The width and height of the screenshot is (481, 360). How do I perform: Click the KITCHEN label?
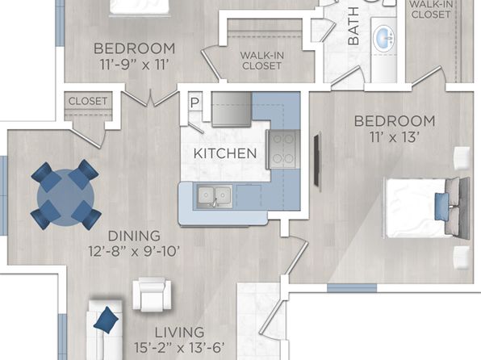(x=225, y=153)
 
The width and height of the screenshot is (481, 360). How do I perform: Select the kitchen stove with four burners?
(x=282, y=149)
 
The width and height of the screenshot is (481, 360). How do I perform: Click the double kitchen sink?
(x=215, y=196)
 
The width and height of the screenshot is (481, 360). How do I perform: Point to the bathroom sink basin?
(x=384, y=39)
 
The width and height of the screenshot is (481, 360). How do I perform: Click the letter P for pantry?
(x=194, y=103)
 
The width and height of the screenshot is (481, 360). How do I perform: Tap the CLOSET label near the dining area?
(x=88, y=101)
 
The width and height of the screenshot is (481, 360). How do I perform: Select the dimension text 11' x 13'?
(x=395, y=137)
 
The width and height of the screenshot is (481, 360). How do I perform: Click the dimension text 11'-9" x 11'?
(x=135, y=65)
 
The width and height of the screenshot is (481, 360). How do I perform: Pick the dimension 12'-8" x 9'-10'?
(x=134, y=251)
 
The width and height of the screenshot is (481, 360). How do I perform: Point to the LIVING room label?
(x=179, y=333)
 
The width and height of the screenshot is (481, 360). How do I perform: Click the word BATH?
(x=353, y=26)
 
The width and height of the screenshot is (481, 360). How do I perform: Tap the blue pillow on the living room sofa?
(x=106, y=320)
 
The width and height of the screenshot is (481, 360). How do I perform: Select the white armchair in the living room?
(x=152, y=295)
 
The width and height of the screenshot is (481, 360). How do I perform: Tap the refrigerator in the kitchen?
(x=232, y=109)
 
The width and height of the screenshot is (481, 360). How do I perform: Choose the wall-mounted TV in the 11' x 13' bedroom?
(x=317, y=160)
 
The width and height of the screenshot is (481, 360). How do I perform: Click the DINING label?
(x=134, y=236)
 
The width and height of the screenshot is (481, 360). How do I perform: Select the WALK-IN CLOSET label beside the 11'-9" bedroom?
(x=262, y=61)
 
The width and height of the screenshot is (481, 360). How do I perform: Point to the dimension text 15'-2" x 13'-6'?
(x=179, y=348)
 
